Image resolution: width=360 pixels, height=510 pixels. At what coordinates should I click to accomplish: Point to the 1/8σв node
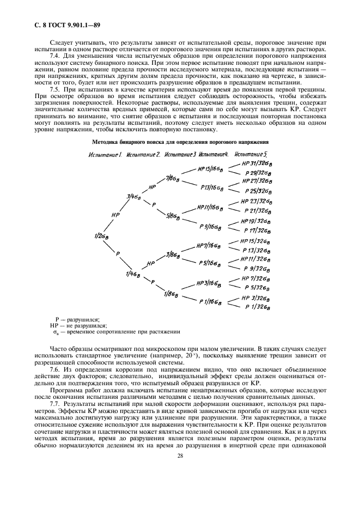171,294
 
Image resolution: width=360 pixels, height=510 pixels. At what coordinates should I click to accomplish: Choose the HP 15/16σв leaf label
211,168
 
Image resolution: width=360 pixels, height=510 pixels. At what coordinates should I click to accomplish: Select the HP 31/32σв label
256,163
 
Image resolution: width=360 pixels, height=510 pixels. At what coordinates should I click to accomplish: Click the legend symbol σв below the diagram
56,331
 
